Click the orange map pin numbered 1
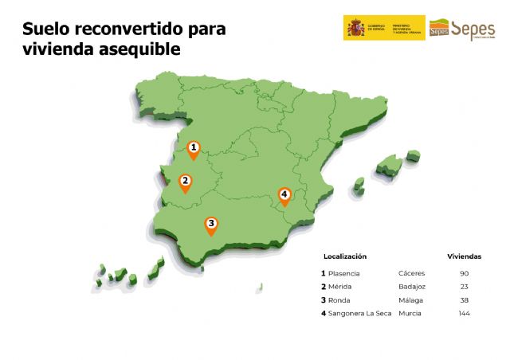[193, 148]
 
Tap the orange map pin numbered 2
[185, 182]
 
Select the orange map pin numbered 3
[211, 225]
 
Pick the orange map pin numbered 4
[284, 194]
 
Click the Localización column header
[344, 256]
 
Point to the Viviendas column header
[465, 256]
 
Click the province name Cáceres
[411, 273]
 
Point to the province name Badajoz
[412, 287]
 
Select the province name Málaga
[410, 300]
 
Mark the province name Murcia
[410, 314]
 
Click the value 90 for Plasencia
[465, 273]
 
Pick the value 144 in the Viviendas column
[465, 314]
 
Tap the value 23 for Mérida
[465, 287]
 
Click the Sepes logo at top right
[462, 29]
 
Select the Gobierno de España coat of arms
[354, 28]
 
